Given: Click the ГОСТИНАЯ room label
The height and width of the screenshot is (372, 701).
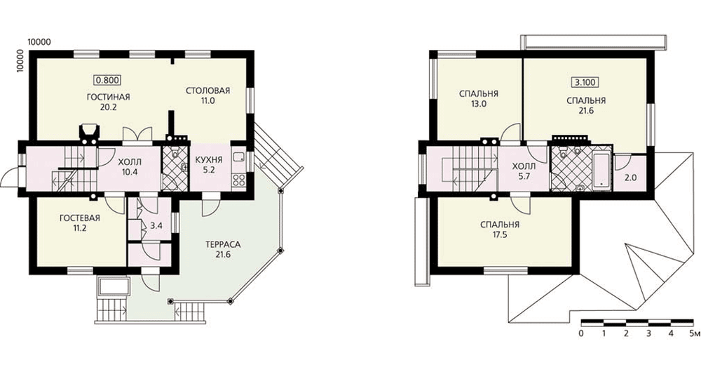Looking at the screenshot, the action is tap(108, 97).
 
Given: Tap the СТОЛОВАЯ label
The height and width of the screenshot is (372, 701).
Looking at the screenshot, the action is tap(208, 91).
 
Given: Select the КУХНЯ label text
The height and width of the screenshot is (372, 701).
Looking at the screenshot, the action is tap(208, 160).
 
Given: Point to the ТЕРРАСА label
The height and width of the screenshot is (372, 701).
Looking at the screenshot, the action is tap(223, 244).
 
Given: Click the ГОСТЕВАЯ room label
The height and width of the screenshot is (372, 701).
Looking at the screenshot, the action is tap(80, 218).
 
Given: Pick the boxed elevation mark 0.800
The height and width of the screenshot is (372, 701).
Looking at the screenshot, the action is tap(107, 80).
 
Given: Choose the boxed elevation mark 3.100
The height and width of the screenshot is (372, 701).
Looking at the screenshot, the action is tap(585, 82).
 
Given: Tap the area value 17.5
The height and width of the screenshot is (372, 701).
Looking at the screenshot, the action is tap(499, 234).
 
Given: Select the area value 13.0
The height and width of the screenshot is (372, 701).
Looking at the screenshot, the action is tap(478, 104).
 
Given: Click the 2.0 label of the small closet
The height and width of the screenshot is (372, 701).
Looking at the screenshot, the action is tap(630, 178).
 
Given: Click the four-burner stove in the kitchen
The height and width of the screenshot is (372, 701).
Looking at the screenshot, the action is tap(239, 180).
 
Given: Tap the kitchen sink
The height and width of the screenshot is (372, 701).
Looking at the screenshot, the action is tap(239, 154).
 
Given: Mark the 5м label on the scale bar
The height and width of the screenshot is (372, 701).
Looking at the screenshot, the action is tap(693, 333).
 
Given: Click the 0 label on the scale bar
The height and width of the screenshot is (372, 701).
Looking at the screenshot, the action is tap(581, 333).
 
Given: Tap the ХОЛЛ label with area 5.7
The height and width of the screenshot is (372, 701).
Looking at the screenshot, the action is tap(524, 166).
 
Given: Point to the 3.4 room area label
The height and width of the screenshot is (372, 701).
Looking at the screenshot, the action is tap(156, 225).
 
